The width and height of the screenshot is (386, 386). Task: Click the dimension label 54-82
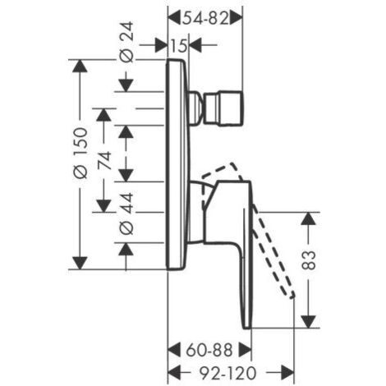pyautogui.click(x=205, y=19)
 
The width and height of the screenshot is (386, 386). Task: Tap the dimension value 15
pyautogui.click(x=179, y=45)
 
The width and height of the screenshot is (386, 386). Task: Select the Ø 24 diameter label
pyautogui.click(x=127, y=43)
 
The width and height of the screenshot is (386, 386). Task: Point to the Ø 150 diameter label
pyautogui.click(x=81, y=154)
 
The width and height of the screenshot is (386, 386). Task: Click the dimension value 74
pyautogui.click(x=105, y=160)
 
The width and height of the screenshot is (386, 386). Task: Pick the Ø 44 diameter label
pyautogui.click(x=127, y=214)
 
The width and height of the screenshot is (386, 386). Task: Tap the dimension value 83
pyautogui.click(x=310, y=260)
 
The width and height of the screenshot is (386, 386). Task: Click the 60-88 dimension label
pyautogui.click(x=209, y=350)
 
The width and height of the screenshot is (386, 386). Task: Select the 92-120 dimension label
pyautogui.click(x=227, y=373)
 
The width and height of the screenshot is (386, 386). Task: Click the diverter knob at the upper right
pyautogui.click(x=223, y=108)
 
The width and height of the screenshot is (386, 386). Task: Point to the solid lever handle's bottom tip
pyautogui.click(x=247, y=327)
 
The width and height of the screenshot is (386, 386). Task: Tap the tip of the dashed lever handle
pyautogui.click(x=292, y=296)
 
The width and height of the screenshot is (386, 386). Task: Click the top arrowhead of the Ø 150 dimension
pyautogui.click(x=80, y=66)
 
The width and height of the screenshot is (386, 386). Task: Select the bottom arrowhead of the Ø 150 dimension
pyautogui.click(x=80, y=263)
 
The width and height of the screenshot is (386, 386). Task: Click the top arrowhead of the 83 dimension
pyautogui.click(x=309, y=218)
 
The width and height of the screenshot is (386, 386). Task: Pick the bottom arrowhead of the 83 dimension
pyautogui.click(x=309, y=321)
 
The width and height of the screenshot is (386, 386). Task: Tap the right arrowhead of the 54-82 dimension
pyautogui.click(x=237, y=19)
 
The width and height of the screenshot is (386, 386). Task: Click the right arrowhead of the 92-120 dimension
pyautogui.click(x=287, y=373)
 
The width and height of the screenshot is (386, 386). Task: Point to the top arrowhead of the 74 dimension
pyautogui.click(x=104, y=115)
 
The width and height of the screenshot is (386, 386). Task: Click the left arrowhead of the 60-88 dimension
pyautogui.click(x=174, y=350)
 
